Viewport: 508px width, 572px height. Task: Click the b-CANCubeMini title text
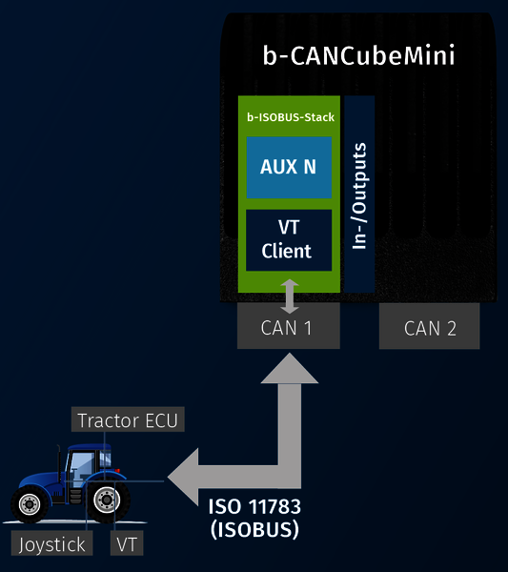pos(359,55)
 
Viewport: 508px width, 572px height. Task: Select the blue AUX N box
pos(289,168)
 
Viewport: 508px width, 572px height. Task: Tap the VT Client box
pos(289,240)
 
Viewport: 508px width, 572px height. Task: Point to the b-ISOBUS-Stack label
pos(291,117)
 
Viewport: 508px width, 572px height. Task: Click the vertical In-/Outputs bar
pos(359,194)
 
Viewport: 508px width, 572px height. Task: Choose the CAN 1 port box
pos(289,326)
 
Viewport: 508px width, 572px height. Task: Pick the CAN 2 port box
pos(429,326)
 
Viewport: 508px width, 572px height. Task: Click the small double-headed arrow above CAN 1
pos(290,296)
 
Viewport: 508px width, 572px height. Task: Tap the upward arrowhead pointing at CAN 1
pos(290,368)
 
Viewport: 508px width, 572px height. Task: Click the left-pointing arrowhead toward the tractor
pos(183,477)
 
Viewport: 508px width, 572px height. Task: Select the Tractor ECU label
pos(128,419)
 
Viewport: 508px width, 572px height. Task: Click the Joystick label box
pos(51,543)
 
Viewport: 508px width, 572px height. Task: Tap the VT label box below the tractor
pos(127,543)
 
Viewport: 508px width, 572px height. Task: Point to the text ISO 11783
pos(254,507)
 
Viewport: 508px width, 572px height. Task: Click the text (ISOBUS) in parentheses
pos(254,529)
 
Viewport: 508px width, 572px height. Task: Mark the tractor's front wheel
pos(30,504)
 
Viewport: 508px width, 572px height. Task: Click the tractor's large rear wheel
pos(107,500)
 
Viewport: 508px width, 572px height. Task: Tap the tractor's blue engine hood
pos(39,479)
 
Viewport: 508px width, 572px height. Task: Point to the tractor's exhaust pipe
pos(59,460)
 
